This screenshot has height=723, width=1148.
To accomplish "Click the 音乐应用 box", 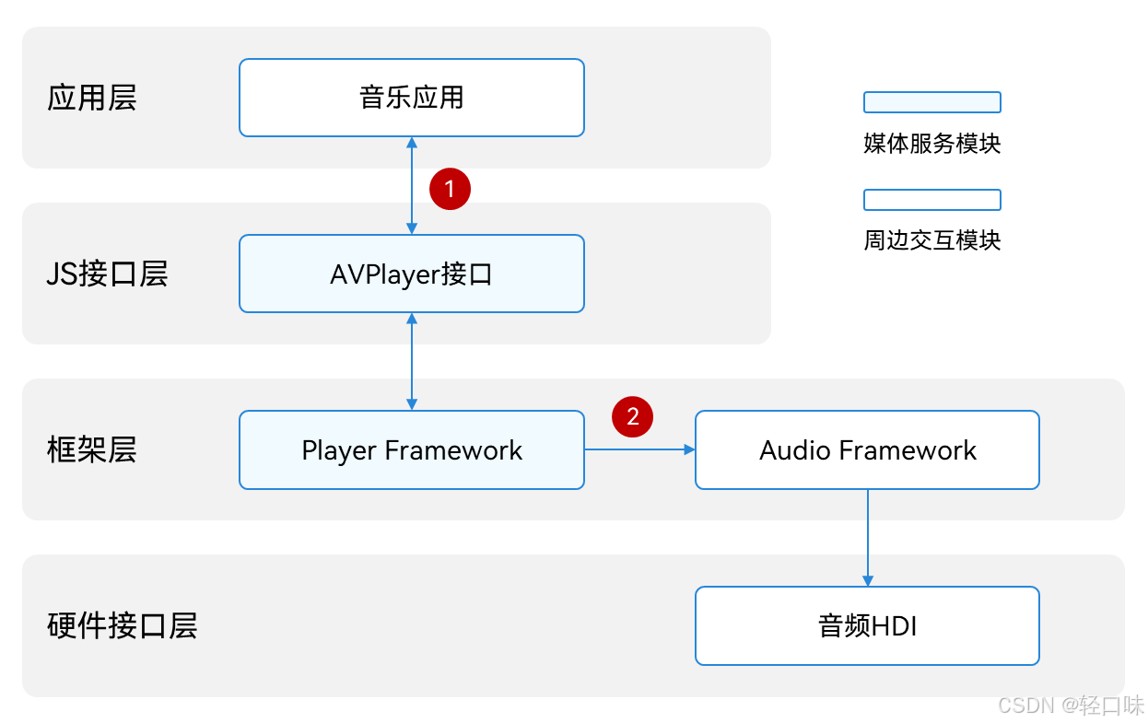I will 411,98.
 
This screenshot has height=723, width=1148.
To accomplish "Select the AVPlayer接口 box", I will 411,274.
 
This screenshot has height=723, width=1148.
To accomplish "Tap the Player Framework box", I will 411,450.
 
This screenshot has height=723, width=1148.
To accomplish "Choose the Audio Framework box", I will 867,450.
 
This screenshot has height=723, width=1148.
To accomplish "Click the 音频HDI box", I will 867,626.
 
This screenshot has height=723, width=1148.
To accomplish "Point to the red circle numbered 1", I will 450,189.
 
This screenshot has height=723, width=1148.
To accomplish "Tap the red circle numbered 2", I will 633,416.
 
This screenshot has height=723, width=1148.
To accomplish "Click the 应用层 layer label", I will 91,98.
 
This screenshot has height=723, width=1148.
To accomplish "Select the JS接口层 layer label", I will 107,274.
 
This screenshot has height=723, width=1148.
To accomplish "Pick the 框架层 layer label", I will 91,450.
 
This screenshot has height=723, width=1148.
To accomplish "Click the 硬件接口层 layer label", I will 122,626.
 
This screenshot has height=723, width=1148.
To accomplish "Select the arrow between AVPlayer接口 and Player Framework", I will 412,361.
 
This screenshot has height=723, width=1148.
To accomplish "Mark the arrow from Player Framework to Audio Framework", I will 639,449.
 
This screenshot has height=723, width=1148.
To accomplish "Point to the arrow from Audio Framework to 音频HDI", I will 867,538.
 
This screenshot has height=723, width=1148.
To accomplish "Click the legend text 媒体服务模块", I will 931,144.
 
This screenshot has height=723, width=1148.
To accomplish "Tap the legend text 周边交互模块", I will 931,241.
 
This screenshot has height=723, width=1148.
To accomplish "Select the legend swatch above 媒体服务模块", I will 931,102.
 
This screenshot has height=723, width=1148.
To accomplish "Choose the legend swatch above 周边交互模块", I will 931,200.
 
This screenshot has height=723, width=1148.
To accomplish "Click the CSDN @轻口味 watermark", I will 1071,706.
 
